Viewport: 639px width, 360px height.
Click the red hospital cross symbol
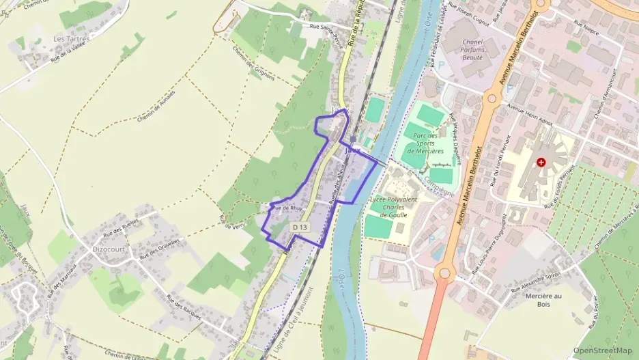coord(541,163)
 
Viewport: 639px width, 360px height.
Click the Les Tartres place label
coord(71,39)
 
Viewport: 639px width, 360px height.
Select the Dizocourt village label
coord(107,249)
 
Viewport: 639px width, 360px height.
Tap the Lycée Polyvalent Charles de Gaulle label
coord(393,206)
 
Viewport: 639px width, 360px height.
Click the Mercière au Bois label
coord(543,300)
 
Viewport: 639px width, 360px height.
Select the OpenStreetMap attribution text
coord(603,350)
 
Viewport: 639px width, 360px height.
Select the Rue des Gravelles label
coord(159,249)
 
